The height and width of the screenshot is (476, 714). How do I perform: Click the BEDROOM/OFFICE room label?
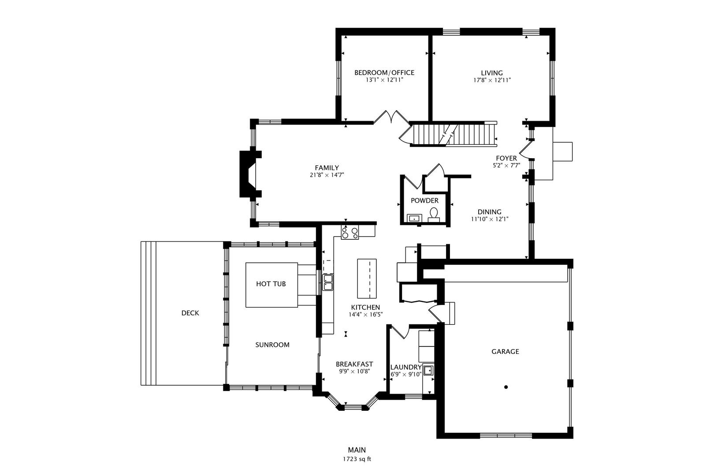(384, 73)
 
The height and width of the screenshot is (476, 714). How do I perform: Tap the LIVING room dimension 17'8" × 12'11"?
(492, 80)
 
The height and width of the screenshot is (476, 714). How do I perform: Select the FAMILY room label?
(327, 167)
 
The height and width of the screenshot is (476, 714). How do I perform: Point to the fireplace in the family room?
(250, 175)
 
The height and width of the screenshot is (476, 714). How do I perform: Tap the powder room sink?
(415, 219)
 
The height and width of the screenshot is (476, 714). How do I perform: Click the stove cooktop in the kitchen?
(350, 232)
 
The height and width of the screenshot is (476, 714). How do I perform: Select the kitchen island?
(367, 279)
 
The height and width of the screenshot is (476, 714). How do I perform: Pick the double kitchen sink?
(327, 282)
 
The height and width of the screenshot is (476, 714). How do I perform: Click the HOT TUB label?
(271, 284)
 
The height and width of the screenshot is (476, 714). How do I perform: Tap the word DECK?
(190, 313)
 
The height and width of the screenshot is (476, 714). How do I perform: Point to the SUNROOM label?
(272, 345)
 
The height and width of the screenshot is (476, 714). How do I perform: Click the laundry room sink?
(428, 371)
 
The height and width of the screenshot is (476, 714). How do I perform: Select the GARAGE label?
(505, 351)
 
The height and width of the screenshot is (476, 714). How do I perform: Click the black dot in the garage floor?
(506, 387)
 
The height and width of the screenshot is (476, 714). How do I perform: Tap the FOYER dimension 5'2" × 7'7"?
(506, 165)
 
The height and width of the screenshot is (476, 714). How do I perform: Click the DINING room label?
(490, 212)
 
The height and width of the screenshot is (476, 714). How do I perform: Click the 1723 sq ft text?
(357, 459)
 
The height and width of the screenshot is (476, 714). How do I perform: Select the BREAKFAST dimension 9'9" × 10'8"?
(354, 371)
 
